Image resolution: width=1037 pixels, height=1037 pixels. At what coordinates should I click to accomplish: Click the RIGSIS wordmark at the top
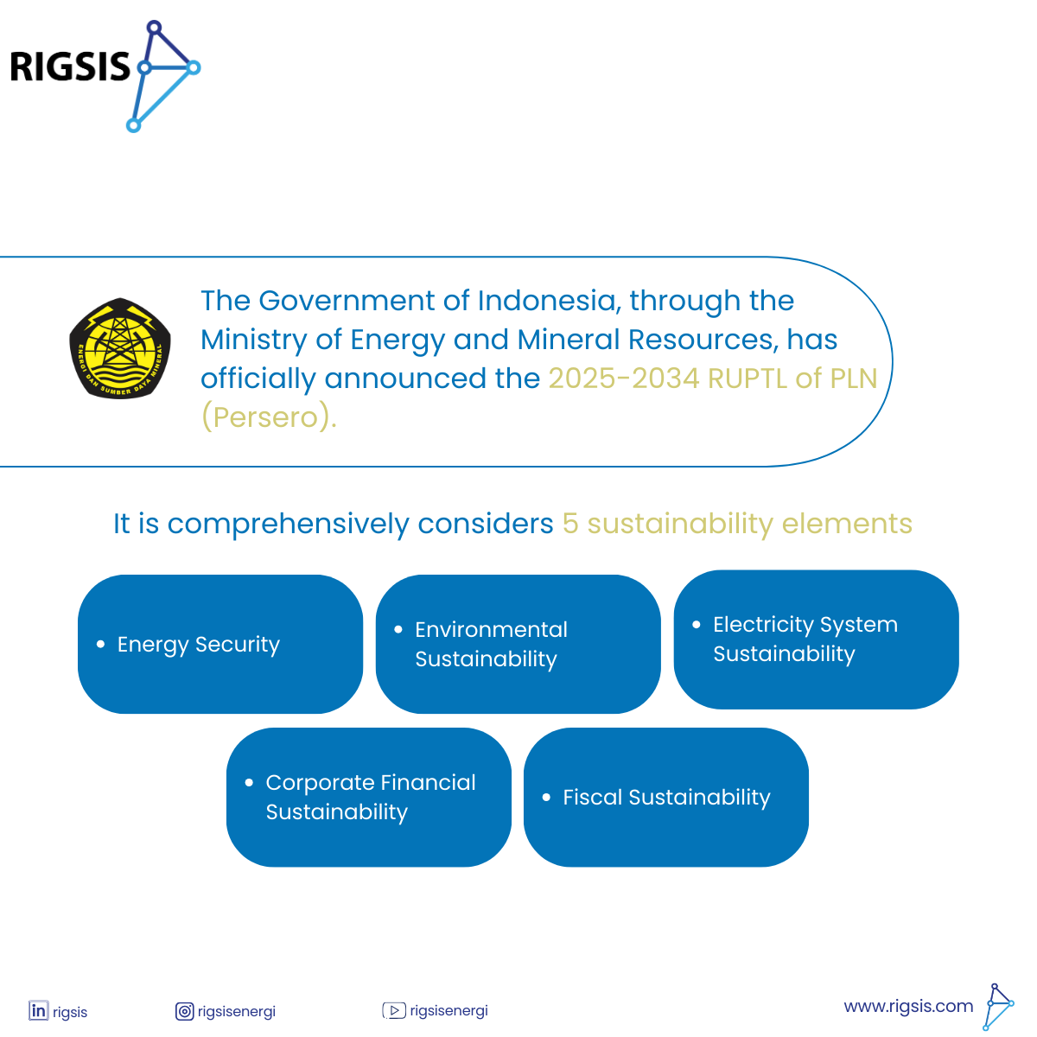pos(70,67)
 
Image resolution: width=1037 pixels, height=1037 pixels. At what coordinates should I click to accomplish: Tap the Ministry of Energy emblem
pos(120,348)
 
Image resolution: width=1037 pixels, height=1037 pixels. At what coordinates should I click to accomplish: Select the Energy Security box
pos(220,644)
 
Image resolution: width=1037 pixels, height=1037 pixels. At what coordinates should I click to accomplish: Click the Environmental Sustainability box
pos(518,644)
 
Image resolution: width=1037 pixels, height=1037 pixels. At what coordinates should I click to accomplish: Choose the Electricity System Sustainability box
pos(816,639)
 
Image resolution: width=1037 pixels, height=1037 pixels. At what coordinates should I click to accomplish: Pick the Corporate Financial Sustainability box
pos(369,797)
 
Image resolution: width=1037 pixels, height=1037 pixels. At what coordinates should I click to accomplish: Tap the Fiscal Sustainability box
pos(666,797)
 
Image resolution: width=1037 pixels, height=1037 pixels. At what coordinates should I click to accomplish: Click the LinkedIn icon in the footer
pos(39,1010)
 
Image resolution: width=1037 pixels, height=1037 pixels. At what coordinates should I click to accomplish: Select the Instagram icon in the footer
pos(184,1011)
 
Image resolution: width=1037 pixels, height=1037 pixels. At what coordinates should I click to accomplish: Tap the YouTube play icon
pos(394,1010)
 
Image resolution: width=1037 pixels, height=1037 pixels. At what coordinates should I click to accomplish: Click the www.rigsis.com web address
pos(908,1006)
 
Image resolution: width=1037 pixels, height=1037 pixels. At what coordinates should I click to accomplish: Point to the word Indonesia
pos(546,300)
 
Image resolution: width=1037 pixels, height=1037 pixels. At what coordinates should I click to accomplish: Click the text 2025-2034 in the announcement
pos(624,378)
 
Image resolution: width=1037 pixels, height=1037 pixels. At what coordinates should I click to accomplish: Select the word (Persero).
pos(269,417)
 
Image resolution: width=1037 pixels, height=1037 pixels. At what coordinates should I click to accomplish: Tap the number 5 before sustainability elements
pos(569,524)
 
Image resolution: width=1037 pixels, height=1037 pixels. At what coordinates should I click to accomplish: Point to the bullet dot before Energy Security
pos(100,644)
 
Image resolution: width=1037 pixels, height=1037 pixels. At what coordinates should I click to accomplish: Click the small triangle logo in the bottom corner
pos(999,1007)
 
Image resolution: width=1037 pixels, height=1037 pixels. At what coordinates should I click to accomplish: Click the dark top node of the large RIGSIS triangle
pos(155,27)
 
